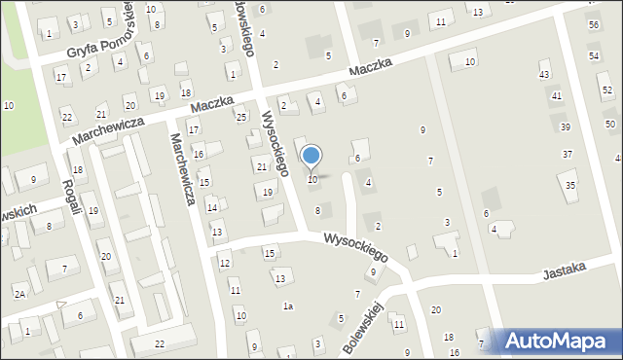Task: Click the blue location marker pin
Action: [311, 156]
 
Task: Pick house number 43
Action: [544, 75]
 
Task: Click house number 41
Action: [557, 95]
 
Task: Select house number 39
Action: [566, 127]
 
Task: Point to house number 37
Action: [568, 155]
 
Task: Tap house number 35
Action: [571, 185]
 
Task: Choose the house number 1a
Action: [288, 306]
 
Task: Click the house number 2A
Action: [19, 293]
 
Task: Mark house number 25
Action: [241, 117]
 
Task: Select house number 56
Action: [594, 24]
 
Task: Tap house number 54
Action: [594, 56]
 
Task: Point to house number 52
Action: [606, 90]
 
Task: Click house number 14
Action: [212, 207]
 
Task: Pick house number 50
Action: [610, 125]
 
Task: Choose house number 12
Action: [225, 264]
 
